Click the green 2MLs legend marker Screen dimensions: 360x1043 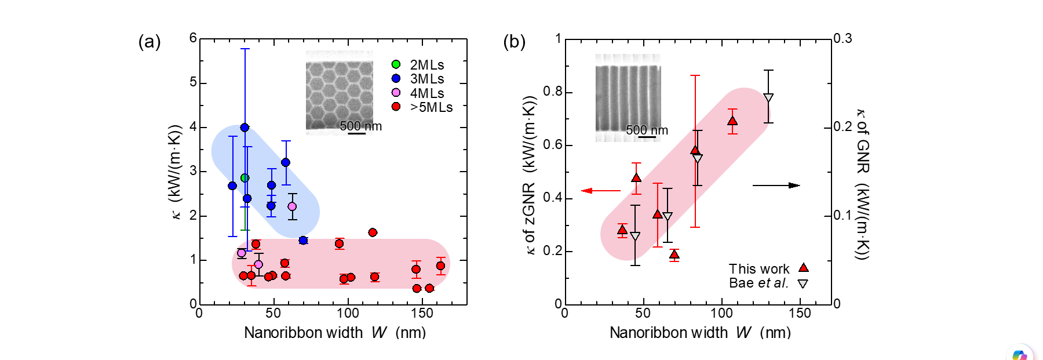(396, 64)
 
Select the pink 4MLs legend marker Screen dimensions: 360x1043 (396, 93)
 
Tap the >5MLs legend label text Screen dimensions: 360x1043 (431, 107)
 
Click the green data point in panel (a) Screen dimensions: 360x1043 (245, 178)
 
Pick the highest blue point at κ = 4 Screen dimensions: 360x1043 (245, 128)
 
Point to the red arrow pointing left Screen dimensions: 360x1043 (600, 190)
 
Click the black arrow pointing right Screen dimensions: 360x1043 (776, 186)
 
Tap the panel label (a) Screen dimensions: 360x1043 (149, 42)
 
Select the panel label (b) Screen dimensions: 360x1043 (514, 42)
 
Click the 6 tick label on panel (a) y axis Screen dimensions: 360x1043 (193, 38)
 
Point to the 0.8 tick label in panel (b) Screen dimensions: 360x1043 (552, 91)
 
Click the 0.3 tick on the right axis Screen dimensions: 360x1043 (843, 38)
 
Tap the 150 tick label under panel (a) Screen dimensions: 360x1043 (422, 314)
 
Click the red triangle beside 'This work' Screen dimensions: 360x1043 (803, 268)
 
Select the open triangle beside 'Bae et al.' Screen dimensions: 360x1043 (803, 283)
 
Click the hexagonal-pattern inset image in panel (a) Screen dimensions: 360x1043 (339, 93)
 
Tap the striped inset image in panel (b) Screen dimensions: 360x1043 (628, 97)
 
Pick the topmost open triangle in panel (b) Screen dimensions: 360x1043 (768, 98)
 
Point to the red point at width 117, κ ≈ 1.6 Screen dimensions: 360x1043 (373, 232)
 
